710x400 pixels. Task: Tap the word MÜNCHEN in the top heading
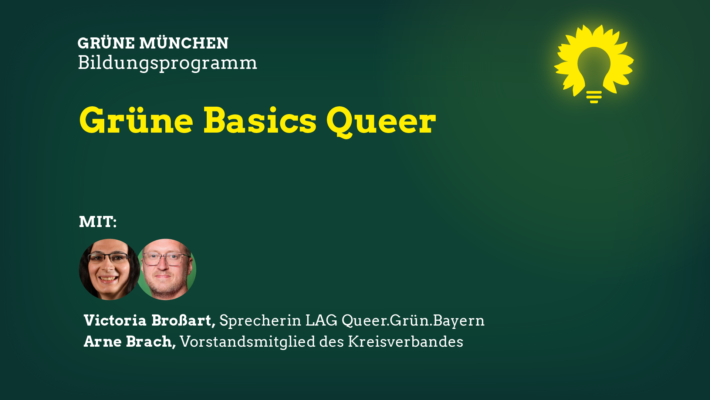click(x=184, y=43)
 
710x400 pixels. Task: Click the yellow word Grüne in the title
click(x=136, y=120)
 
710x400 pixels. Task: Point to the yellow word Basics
click(x=260, y=120)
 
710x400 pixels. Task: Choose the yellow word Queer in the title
click(x=381, y=121)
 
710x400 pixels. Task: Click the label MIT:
click(x=98, y=222)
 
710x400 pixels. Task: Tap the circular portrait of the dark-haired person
click(x=109, y=269)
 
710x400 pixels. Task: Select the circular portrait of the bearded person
click(x=167, y=269)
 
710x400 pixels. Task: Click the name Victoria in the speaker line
click(x=115, y=320)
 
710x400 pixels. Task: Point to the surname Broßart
click(x=183, y=321)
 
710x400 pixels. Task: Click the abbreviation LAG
click(x=321, y=320)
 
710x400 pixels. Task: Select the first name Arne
click(x=103, y=342)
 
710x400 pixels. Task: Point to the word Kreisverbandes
click(x=405, y=342)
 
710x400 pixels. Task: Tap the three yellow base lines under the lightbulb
click(x=594, y=97)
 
